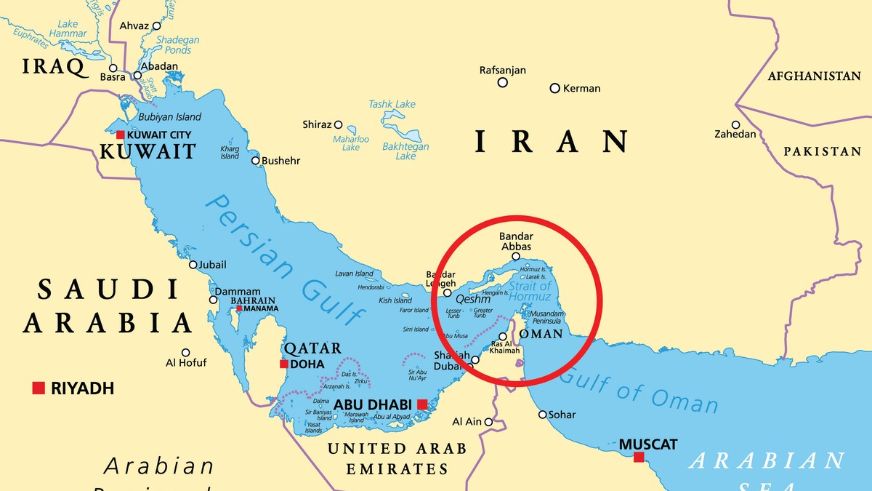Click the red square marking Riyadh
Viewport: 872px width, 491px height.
(39, 388)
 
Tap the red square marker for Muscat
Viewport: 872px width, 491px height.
(638, 457)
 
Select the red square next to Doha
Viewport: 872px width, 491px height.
(284, 364)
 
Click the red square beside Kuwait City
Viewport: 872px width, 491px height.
(120, 135)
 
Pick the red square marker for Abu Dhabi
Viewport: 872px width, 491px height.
(421, 404)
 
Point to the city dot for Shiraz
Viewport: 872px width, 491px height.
(339, 124)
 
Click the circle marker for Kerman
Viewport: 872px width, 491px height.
(554, 88)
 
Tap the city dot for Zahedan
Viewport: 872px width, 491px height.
(735, 124)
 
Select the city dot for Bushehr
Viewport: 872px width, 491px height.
(255, 161)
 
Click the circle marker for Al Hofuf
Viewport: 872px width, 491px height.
(186, 352)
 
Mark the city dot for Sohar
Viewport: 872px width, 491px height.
(542, 415)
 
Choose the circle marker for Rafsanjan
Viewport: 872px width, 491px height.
(502, 82)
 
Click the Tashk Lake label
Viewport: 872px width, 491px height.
(392, 104)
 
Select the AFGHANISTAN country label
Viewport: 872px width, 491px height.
(814, 76)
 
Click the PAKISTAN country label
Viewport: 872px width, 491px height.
(822, 151)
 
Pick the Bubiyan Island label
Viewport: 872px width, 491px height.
(169, 117)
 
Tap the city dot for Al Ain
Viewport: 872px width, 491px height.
(489, 422)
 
